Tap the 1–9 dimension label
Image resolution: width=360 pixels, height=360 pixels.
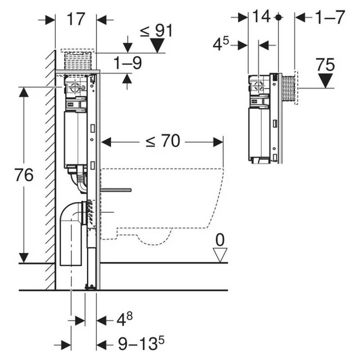127,63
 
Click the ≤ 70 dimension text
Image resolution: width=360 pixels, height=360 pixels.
162,142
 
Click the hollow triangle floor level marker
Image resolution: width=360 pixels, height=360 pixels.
220,256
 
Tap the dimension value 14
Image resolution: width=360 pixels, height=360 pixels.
261,17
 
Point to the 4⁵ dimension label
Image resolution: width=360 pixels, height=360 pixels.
221,45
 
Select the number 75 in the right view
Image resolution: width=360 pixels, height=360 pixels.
325,65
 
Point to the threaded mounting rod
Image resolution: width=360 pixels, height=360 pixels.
117,190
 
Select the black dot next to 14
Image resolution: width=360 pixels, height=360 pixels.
279,17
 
